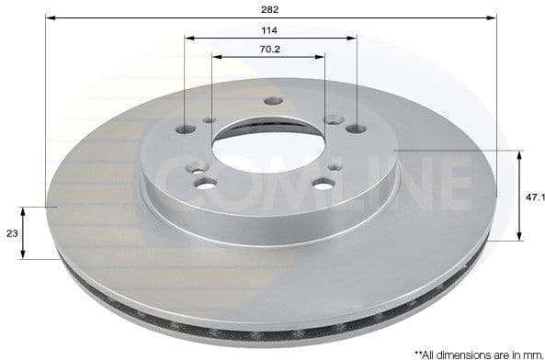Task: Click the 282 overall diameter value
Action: coord(270,8)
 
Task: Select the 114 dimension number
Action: coord(270,29)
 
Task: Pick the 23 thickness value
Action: coord(12,233)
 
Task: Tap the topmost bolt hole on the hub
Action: coord(270,102)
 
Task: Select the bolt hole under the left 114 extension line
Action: coord(185,129)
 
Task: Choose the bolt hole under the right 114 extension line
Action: coord(357,129)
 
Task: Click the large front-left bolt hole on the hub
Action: coord(206,183)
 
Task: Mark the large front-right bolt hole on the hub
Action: coord(323,183)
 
